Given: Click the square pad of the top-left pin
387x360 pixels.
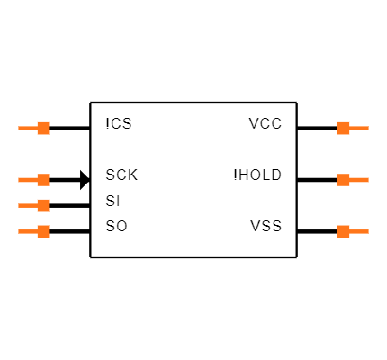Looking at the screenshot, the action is (x=43, y=128).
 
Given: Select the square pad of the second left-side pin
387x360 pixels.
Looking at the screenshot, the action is (x=43, y=180).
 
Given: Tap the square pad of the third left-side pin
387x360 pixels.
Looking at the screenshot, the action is (x=43, y=205).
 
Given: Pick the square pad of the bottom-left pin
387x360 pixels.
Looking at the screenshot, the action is (x=43, y=231).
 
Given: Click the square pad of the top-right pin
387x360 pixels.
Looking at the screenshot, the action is (x=343, y=128).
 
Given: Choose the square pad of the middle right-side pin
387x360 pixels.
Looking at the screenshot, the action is (x=343, y=180).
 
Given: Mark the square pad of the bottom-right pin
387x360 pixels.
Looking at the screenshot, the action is (x=343, y=231).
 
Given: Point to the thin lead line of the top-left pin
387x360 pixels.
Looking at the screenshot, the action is (x=27, y=128).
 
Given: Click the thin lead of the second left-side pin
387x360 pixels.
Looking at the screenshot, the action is (x=27, y=180).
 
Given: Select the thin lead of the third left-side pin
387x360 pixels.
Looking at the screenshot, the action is (x=27, y=205).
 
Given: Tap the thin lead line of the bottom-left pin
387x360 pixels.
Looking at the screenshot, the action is (x=27, y=231).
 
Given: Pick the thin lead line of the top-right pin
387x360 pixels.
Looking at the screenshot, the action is (x=359, y=128).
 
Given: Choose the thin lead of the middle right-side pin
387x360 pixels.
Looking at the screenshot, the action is (x=359, y=180).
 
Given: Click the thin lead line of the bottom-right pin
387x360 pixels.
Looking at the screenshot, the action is (x=359, y=231).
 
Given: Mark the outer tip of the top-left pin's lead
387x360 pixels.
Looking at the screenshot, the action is (x=19, y=128).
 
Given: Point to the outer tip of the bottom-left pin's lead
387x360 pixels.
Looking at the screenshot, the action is (x=19, y=231).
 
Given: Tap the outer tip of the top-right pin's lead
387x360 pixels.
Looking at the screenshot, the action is (x=367, y=128).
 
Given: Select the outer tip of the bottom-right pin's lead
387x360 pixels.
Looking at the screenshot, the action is (x=367, y=231).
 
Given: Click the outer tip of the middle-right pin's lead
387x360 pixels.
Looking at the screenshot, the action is (x=367, y=180).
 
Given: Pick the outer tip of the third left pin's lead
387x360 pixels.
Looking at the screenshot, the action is (x=19, y=205).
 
